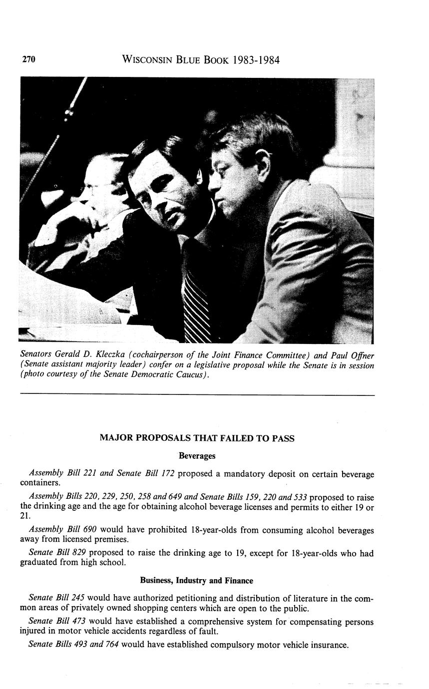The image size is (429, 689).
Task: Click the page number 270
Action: (28, 60)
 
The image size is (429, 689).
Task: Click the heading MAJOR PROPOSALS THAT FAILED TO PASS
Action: (197, 438)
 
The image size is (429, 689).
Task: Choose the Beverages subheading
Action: (197, 456)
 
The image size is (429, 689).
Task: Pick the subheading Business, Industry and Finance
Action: (196, 581)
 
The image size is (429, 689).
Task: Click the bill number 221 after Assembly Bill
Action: (88, 473)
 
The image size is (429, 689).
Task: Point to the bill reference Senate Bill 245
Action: (57, 598)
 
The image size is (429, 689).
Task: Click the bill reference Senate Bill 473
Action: (57, 622)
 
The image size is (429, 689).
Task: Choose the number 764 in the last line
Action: (109, 645)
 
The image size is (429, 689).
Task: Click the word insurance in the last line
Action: (329, 645)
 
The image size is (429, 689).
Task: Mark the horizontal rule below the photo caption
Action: (197, 395)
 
